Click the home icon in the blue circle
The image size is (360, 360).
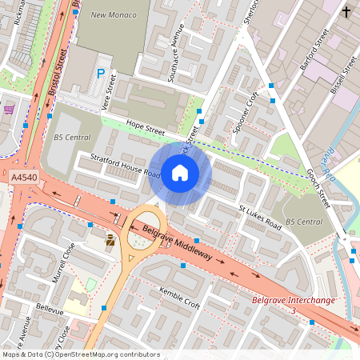pyautogui.click(x=179, y=172)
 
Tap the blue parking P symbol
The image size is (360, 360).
pyautogui.click(x=101, y=74)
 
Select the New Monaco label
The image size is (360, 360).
pyautogui.click(x=114, y=15)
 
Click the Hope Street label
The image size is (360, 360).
pyautogui.click(x=144, y=130)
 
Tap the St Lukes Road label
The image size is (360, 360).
pyautogui.click(x=260, y=215)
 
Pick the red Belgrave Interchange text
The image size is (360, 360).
pyautogui.click(x=293, y=301)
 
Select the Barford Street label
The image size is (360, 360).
pyautogui.click(x=314, y=52)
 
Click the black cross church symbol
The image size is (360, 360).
pyautogui.click(x=346, y=11)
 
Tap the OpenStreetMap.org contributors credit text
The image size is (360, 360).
pyautogui.click(x=108, y=354)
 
